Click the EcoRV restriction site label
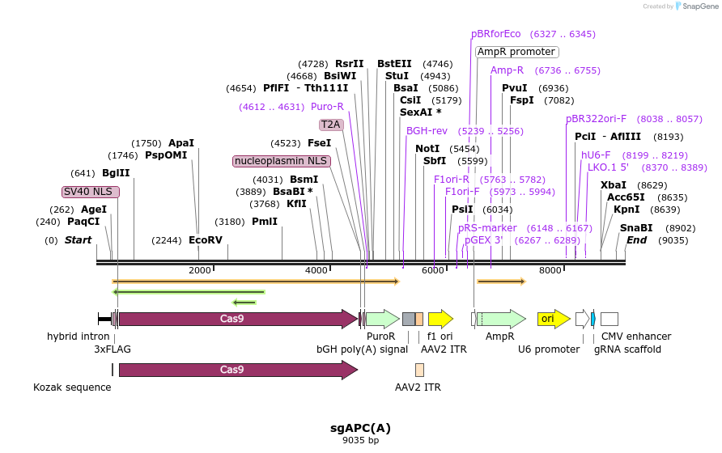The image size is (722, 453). (x=205, y=240)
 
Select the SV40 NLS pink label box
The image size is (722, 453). (x=91, y=192)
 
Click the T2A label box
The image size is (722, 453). (x=330, y=125)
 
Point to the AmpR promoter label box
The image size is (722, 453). (x=516, y=52)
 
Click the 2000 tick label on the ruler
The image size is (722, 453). (x=199, y=270)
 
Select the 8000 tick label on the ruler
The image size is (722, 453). (x=550, y=270)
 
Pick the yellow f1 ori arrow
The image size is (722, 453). (x=440, y=319)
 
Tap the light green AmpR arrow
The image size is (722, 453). (x=500, y=319)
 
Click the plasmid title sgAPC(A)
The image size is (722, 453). (x=360, y=428)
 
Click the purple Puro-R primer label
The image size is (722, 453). (x=327, y=107)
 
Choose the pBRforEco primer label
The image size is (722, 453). (x=496, y=34)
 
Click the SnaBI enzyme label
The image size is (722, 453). (x=636, y=228)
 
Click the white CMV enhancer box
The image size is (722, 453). (x=609, y=319)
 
